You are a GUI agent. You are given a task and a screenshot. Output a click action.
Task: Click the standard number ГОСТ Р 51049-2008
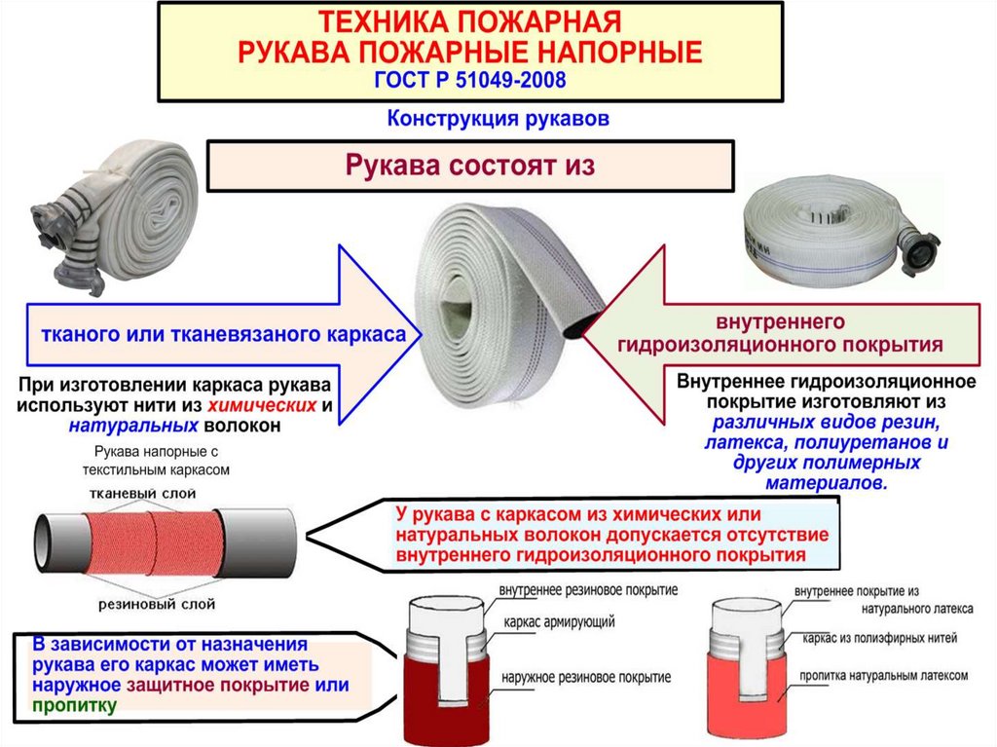(x=470, y=78)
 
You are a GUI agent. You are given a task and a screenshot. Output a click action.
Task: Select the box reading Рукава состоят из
(x=470, y=165)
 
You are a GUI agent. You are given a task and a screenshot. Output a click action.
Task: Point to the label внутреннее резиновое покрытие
(x=588, y=590)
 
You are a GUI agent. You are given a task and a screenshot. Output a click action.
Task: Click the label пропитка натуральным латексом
(x=883, y=675)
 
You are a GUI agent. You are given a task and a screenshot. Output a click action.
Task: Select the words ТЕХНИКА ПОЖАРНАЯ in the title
(x=470, y=21)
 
